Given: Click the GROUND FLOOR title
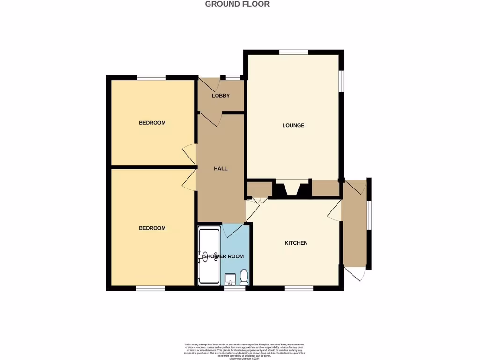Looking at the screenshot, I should pyautogui.click(x=237, y=4).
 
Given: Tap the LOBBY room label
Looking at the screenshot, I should pyautogui.click(x=221, y=96).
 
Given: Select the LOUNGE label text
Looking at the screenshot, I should pyautogui.click(x=293, y=125).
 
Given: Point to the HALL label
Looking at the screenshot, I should pyautogui.click(x=221, y=168).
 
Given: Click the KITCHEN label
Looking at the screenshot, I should pyautogui.click(x=296, y=243).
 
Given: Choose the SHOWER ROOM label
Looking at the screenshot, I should pyautogui.click(x=223, y=256).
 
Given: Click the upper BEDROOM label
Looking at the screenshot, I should pyautogui.click(x=152, y=123).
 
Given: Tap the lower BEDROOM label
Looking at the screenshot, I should pyautogui.click(x=152, y=228).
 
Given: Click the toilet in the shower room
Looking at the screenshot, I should pyautogui.click(x=244, y=277).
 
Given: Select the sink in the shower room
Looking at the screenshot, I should pyautogui.click(x=230, y=280).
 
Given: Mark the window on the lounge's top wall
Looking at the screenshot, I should pyautogui.click(x=294, y=52).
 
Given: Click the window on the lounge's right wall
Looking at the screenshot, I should pyautogui.click(x=341, y=79).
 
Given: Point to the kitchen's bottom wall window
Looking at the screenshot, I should pyautogui.click(x=299, y=288).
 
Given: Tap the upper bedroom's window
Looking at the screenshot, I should pyautogui.click(x=151, y=77).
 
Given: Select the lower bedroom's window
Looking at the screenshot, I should pyautogui.click(x=150, y=288).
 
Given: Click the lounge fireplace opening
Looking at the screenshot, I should pyautogui.click(x=292, y=187).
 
